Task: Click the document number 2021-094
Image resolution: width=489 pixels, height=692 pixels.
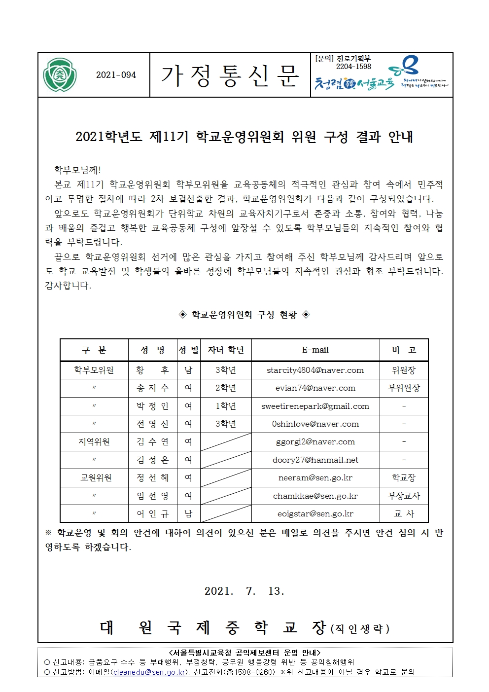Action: pos(116,75)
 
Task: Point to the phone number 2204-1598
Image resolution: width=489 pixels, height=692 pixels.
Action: pos(353,67)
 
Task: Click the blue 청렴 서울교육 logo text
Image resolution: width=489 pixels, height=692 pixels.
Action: pos(354,83)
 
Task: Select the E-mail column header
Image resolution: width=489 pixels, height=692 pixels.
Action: pos(315,350)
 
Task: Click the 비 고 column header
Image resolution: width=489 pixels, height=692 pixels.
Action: pos(404,350)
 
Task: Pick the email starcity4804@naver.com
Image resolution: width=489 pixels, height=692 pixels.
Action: pos(315,370)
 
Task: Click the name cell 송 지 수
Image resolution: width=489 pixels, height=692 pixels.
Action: pos(153,388)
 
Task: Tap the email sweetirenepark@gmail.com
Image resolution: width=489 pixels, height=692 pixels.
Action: pos(315,406)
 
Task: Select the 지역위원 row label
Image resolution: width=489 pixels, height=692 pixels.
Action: pos(94,442)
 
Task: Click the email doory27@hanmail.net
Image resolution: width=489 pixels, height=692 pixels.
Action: pos(315,460)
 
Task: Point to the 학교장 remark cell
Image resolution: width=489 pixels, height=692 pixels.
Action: pos(404,478)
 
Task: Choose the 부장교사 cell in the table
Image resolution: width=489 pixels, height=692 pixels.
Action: pos(404,496)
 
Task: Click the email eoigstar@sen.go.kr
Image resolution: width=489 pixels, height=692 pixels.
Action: pos(315,514)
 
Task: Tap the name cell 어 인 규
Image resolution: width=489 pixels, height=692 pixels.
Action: pos(153,514)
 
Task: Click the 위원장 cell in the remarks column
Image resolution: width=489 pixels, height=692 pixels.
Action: pos(404,370)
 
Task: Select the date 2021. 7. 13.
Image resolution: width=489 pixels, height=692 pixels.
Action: pos(244,591)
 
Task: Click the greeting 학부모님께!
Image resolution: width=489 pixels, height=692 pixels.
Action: pos(77,170)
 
